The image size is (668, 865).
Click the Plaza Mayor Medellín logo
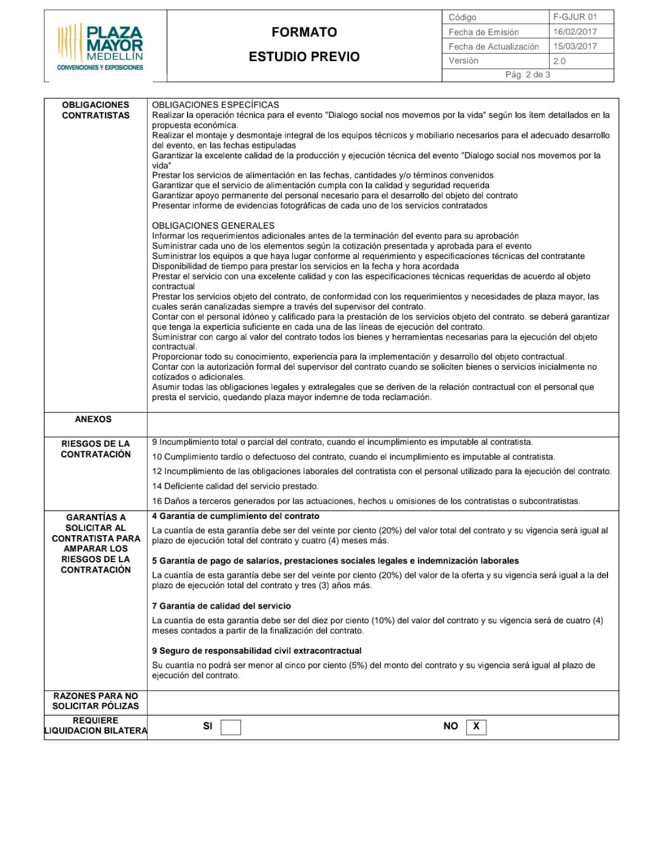click(101, 47)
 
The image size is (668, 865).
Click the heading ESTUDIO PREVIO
click(304, 57)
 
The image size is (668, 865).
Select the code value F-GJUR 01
click(575, 17)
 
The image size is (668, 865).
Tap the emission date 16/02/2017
click(575, 31)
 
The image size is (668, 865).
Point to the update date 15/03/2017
click(575, 46)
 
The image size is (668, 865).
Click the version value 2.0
click(559, 61)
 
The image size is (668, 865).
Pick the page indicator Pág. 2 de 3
click(527, 75)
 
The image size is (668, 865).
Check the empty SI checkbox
click(231, 727)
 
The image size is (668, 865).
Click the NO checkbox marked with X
click(476, 727)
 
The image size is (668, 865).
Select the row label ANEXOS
click(93, 419)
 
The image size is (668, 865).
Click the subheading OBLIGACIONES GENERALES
click(213, 225)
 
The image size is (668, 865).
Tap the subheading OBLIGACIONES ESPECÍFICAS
click(216, 105)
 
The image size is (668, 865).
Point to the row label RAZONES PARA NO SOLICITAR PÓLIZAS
click(96, 701)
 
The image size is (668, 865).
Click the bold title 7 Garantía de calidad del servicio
click(222, 606)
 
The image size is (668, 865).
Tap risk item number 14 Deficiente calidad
click(235, 486)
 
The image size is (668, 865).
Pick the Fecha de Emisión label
click(483, 32)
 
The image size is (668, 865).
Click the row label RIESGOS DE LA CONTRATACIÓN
click(96, 449)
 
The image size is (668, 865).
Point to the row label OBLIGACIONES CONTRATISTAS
click(96, 110)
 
